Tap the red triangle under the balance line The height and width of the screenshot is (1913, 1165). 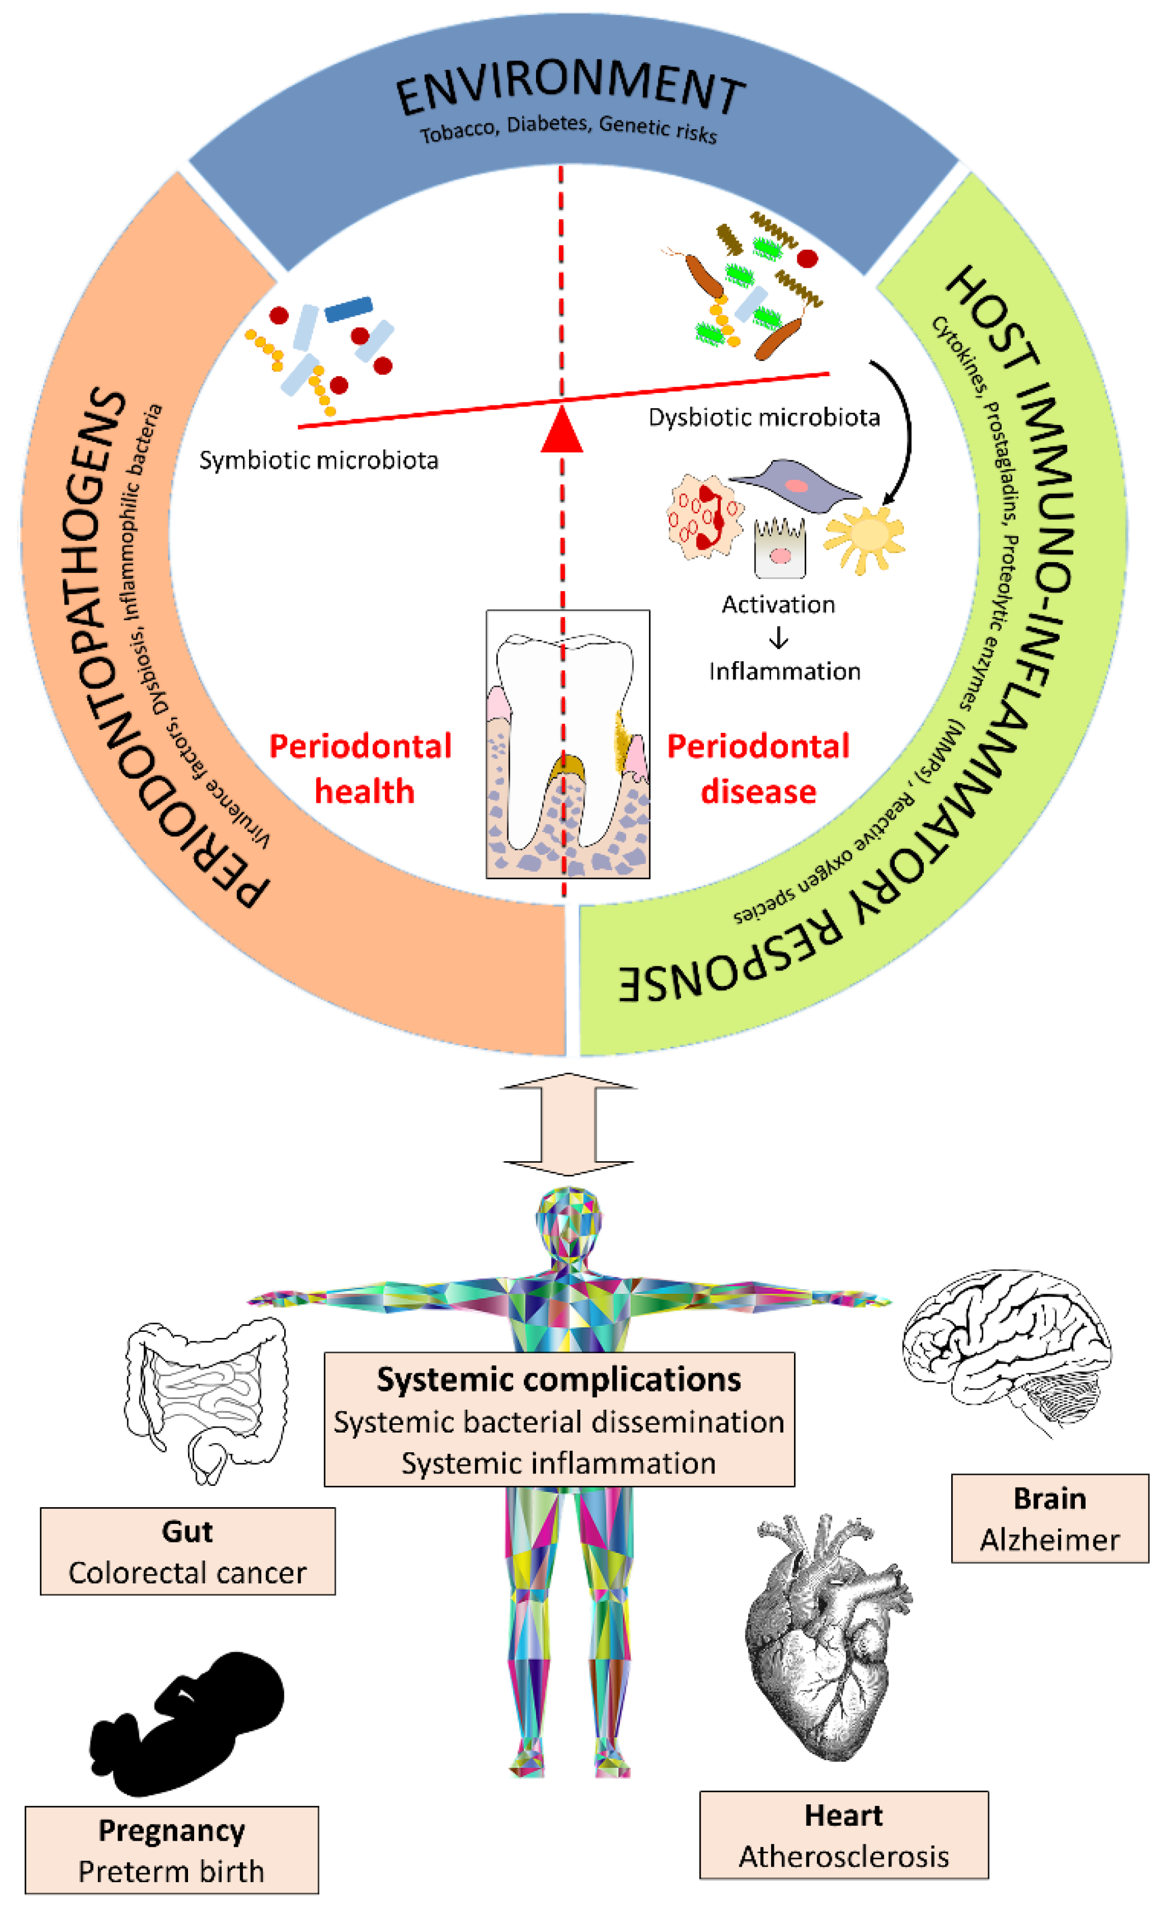pos(562,429)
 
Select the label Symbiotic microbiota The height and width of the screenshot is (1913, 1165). pos(319,460)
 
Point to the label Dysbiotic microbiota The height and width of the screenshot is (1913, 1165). pos(764,418)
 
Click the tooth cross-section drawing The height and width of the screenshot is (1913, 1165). pos(568,744)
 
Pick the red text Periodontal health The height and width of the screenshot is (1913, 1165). pos(361,769)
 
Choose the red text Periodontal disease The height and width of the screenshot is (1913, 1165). pos(758,769)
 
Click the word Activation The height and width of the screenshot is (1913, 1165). pos(778,604)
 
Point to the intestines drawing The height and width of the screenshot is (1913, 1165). pos(206,1401)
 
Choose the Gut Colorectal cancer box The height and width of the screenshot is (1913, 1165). pos(188,1551)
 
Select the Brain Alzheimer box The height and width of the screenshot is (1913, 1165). pos(1050,1518)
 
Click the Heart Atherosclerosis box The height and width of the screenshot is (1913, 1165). pos(844,1835)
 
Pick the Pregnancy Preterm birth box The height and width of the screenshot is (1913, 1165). pos(172,1850)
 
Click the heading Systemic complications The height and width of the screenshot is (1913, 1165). pos(559,1379)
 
